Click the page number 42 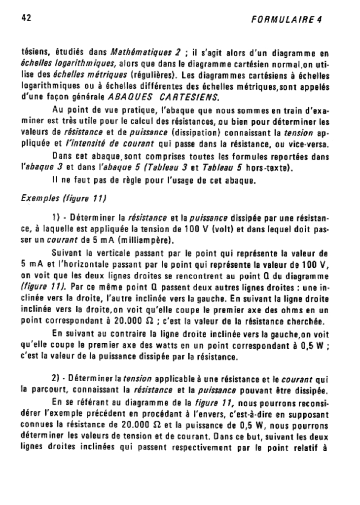(x=27, y=18)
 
